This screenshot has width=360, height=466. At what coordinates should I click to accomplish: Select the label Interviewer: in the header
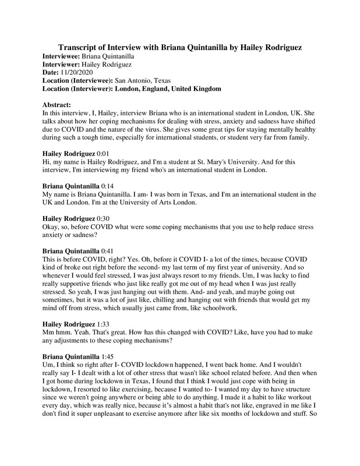[x=64, y=63]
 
